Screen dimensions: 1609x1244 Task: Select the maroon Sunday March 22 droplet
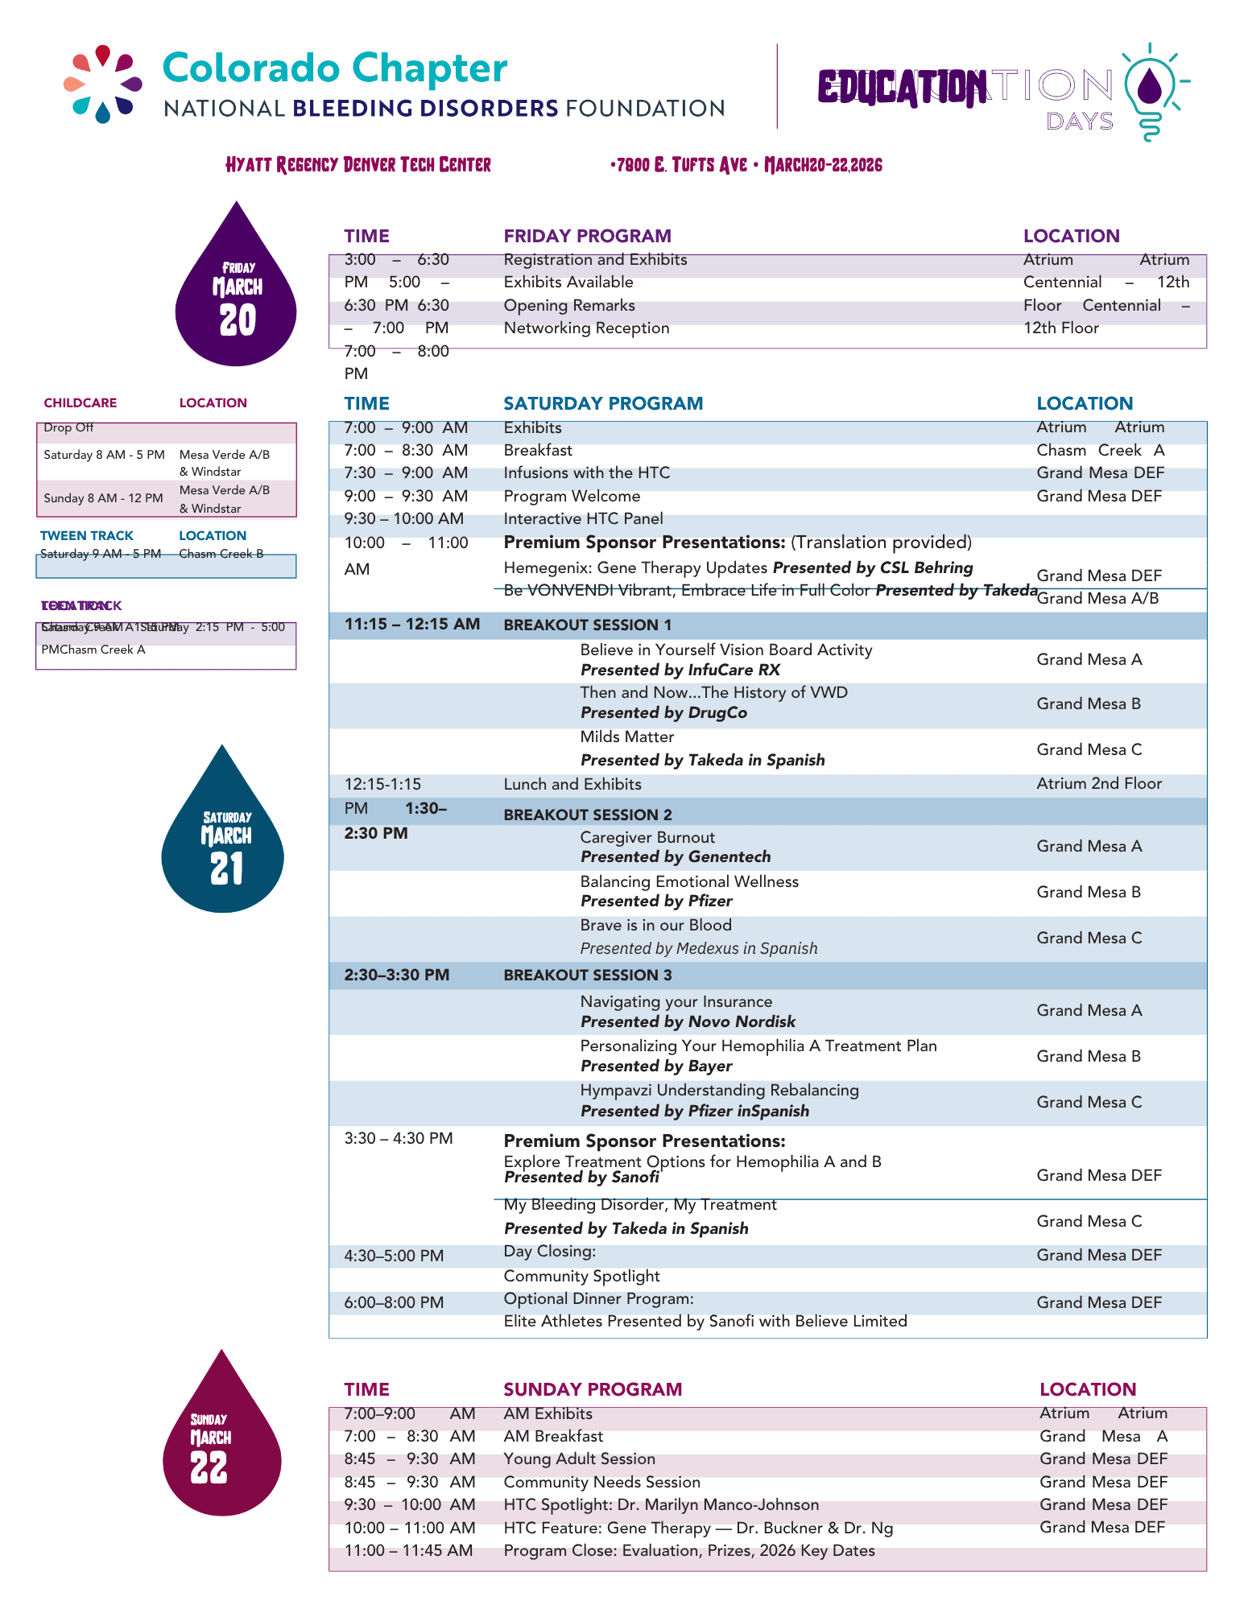tap(221, 1445)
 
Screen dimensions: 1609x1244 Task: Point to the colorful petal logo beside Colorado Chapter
tap(103, 84)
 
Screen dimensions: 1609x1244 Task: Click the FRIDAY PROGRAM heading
tap(587, 236)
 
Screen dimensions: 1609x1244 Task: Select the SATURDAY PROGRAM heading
tap(603, 403)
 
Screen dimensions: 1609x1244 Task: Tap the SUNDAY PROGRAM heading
tap(593, 1389)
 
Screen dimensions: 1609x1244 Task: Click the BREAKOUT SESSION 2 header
tap(588, 815)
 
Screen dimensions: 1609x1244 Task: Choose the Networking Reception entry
tap(586, 328)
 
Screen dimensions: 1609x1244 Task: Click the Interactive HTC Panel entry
tap(583, 519)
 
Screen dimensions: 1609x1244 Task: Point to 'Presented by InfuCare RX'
tap(680, 670)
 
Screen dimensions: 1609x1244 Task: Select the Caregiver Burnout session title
tap(647, 837)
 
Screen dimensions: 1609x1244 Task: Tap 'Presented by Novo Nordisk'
tap(688, 1021)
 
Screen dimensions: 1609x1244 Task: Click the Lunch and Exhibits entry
tap(572, 784)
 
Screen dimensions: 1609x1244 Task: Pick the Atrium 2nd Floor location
tap(1098, 783)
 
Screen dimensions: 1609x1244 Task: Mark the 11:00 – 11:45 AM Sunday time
tap(408, 1550)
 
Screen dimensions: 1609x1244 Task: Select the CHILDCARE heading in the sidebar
tap(80, 403)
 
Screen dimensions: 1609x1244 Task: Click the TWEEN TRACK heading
tap(87, 536)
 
